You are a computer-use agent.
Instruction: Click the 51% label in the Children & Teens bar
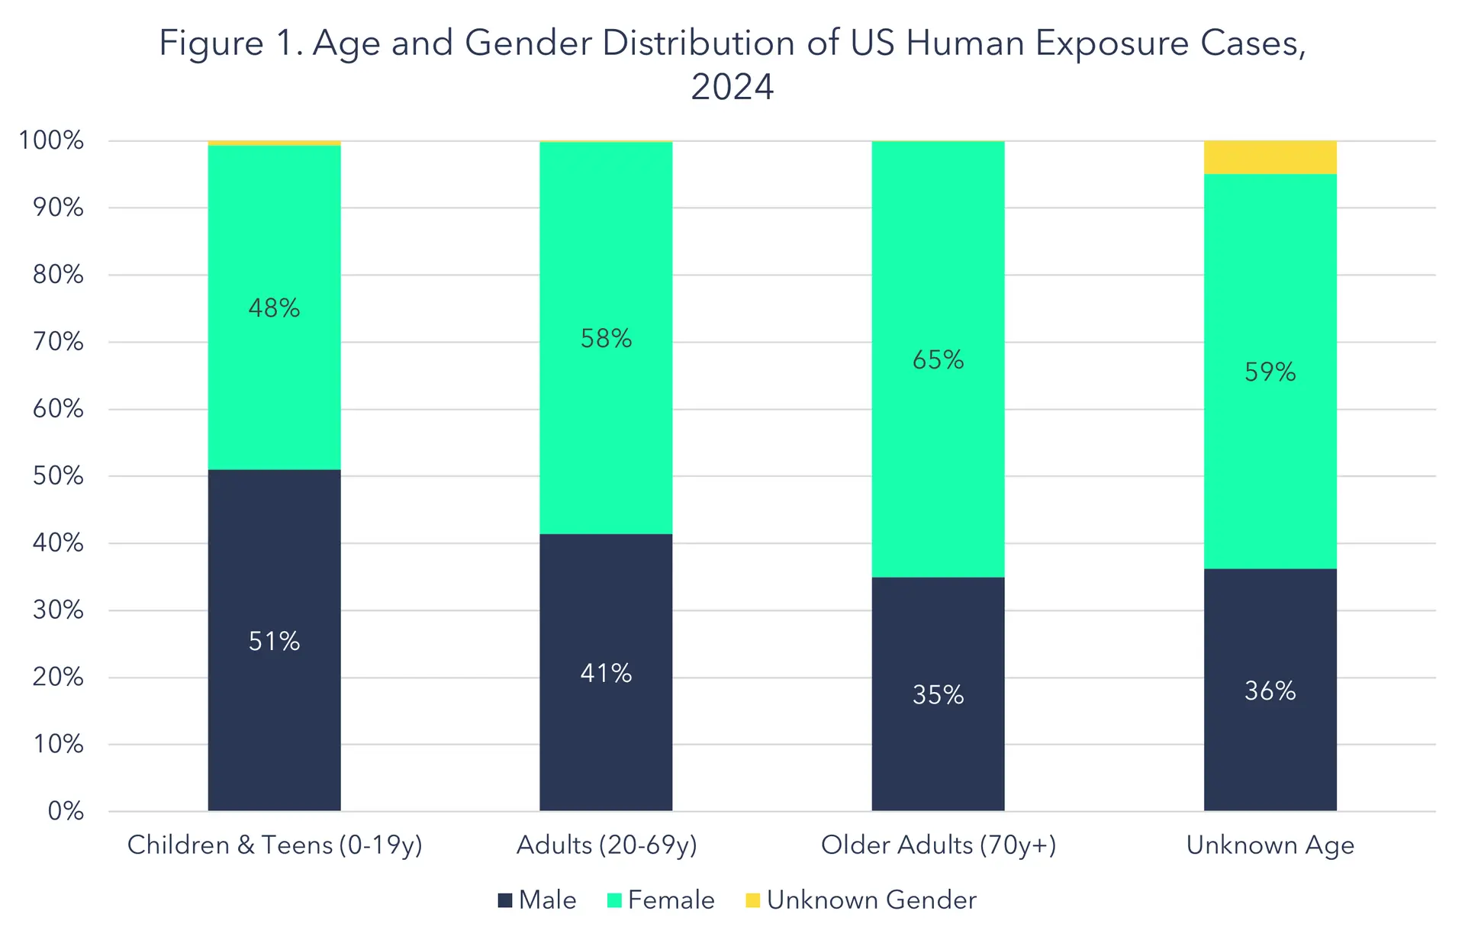pos(274,642)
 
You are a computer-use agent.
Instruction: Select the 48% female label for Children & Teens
pos(274,308)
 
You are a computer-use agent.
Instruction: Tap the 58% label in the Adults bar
pos(606,339)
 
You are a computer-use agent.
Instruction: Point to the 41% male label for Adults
pos(606,674)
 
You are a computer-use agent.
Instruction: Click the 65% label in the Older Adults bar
pos(938,360)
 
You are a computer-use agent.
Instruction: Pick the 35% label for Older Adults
pos(938,695)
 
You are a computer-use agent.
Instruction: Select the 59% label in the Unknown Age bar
pos(1270,372)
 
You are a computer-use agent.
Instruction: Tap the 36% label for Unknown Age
pos(1270,691)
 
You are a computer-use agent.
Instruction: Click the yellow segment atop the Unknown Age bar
pos(1270,158)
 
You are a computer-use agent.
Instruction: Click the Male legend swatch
pos(504,901)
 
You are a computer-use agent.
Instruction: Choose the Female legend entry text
pos(671,900)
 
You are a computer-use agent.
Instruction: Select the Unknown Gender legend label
pos(871,900)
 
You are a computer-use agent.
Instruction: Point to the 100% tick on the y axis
pos(51,140)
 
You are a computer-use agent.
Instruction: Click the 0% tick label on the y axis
pos(66,811)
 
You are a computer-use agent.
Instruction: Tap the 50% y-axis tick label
pos(58,476)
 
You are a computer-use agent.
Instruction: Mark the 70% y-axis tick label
pos(58,342)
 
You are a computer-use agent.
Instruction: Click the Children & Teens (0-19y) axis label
pos(275,845)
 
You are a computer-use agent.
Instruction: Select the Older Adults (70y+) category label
pos(939,845)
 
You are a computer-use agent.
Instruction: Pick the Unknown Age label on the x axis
pos(1270,845)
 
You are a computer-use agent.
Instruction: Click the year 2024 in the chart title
pos(732,87)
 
